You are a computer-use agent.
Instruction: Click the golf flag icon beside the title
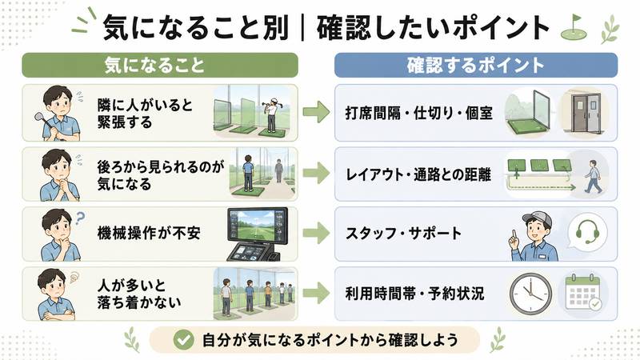click(x=574, y=28)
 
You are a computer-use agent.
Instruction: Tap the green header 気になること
click(x=160, y=65)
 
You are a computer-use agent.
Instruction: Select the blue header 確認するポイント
click(x=475, y=65)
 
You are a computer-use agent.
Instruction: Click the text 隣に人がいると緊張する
click(x=145, y=114)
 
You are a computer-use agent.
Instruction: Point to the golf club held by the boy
click(x=43, y=122)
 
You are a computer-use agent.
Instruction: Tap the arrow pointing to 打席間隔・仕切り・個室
click(x=316, y=112)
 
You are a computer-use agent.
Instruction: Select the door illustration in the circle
click(x=585, y=112)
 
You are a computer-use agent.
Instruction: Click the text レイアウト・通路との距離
click(x=418, y=175)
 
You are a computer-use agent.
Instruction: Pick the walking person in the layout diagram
click(x=593, y=177)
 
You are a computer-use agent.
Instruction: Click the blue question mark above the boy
click(x=79, y=218)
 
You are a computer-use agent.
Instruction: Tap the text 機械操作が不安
click(x=149, y=233)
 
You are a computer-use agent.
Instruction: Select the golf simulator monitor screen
click(x=257, y=225)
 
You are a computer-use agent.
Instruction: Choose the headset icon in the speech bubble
click(x=587, y=231)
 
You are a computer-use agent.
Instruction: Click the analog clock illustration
click(x=530, y=294)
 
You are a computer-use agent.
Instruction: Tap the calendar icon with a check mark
click(x=583, y=292)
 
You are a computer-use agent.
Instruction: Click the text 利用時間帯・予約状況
click(x=414, y=294)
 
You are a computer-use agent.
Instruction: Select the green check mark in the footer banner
click(x=184, y=339)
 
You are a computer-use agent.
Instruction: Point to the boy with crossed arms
click(x=54, y=294)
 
